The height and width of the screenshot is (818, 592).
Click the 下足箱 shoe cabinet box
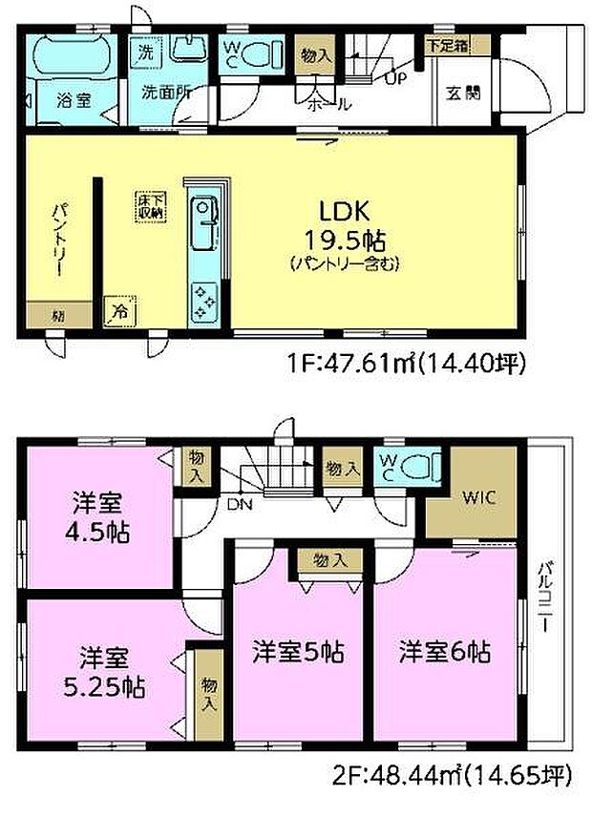click(x=447, y=44)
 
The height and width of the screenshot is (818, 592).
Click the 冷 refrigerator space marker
click(x=120, y=310)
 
